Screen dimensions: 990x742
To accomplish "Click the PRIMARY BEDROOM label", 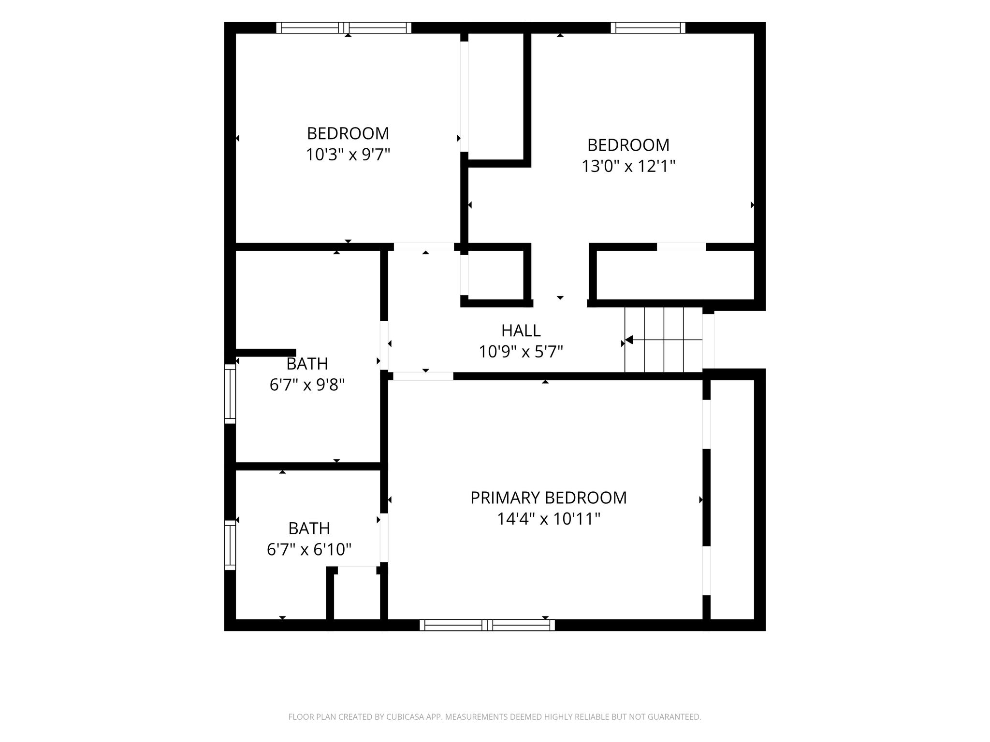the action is coord(549,498).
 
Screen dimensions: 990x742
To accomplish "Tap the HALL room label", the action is coord(521,331).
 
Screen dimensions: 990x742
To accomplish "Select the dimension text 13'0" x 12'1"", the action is coord(628,166).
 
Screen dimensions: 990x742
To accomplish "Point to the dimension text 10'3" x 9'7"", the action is coord(348,155).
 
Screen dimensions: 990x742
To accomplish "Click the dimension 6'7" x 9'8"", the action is coord(307,385).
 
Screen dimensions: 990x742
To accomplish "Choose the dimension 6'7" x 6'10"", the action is coord(309,550).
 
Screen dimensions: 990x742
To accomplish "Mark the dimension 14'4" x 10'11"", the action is coord(549,519).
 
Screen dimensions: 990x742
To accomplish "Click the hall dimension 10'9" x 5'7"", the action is coord(521,352).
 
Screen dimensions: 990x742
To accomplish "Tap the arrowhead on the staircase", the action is coord(629,340).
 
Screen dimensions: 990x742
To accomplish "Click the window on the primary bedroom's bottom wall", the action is coord(487,625).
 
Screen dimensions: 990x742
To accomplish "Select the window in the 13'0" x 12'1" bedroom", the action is coord(648,28).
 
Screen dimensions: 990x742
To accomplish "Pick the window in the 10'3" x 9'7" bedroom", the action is coord(344,28).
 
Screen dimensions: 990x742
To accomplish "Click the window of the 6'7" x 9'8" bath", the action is coord(230,394).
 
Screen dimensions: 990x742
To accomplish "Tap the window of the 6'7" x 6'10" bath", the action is coord(230,545).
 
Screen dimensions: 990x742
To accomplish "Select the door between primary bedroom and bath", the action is coord(384,538).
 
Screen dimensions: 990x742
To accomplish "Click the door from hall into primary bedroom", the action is coord(423,376).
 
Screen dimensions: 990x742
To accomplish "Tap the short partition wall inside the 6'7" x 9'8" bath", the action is coord(266,353).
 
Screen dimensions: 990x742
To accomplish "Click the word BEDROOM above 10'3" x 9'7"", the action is coord(348,133).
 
